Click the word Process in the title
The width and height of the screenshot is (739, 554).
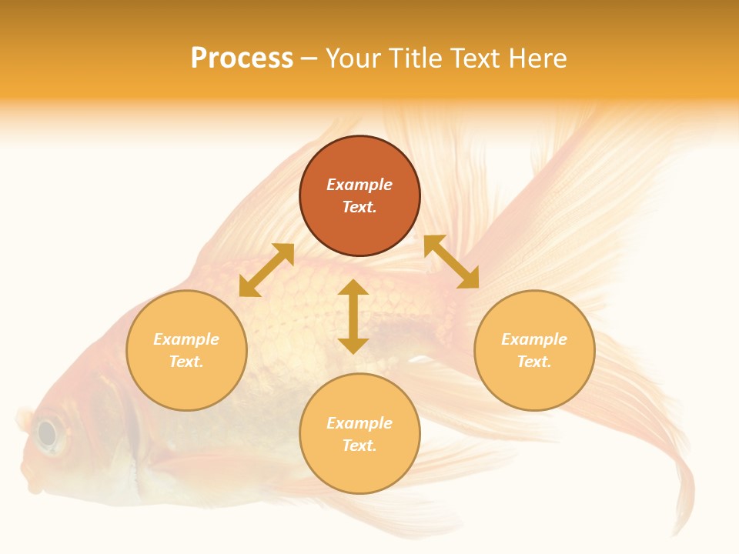(x=242, y=58)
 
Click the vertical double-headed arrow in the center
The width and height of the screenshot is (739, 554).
(x=353, y=316)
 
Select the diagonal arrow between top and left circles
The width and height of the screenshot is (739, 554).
(x=266, y=270)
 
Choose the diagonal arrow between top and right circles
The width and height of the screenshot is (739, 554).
(x=452, y=262)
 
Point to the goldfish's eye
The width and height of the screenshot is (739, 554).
(x=48, y=434)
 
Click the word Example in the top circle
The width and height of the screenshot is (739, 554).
(x=359, y=185)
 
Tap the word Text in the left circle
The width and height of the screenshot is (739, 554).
(x=186, y=362)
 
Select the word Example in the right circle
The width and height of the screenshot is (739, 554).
(x=534, y=339)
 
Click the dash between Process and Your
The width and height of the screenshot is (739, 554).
(x=309, y=58)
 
